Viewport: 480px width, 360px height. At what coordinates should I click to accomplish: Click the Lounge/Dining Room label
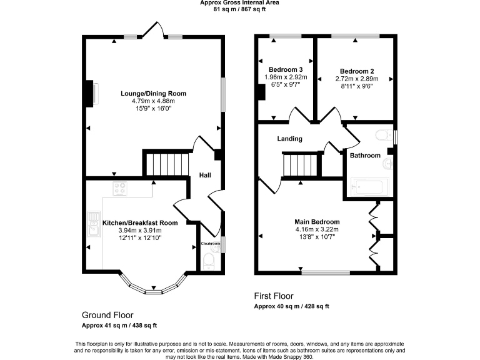153,94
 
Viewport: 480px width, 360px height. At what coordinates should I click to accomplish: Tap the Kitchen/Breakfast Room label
140,222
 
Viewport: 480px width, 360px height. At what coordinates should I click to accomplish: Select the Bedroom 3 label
286,69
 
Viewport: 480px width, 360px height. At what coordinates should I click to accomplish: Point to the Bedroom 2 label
357,71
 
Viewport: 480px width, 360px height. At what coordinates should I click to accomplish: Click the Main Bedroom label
317,222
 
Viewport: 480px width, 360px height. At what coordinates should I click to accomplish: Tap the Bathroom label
365,155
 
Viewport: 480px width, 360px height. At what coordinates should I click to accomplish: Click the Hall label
205,176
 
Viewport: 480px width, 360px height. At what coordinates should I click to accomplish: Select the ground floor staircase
167,164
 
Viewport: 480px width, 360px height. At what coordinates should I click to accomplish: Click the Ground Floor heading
107,315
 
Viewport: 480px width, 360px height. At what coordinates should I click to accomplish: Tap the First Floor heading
274,296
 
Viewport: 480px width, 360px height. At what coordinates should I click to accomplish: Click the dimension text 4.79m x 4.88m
153,101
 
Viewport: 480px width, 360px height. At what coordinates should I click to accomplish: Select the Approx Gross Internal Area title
239,3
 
